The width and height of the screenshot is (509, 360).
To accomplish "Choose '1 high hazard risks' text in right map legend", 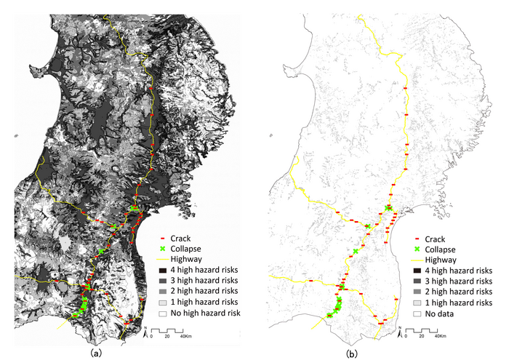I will [x=458, y=302].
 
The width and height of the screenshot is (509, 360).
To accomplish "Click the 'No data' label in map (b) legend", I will [x=440, y=313].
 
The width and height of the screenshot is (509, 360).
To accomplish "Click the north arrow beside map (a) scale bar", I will [x=145, y=333].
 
